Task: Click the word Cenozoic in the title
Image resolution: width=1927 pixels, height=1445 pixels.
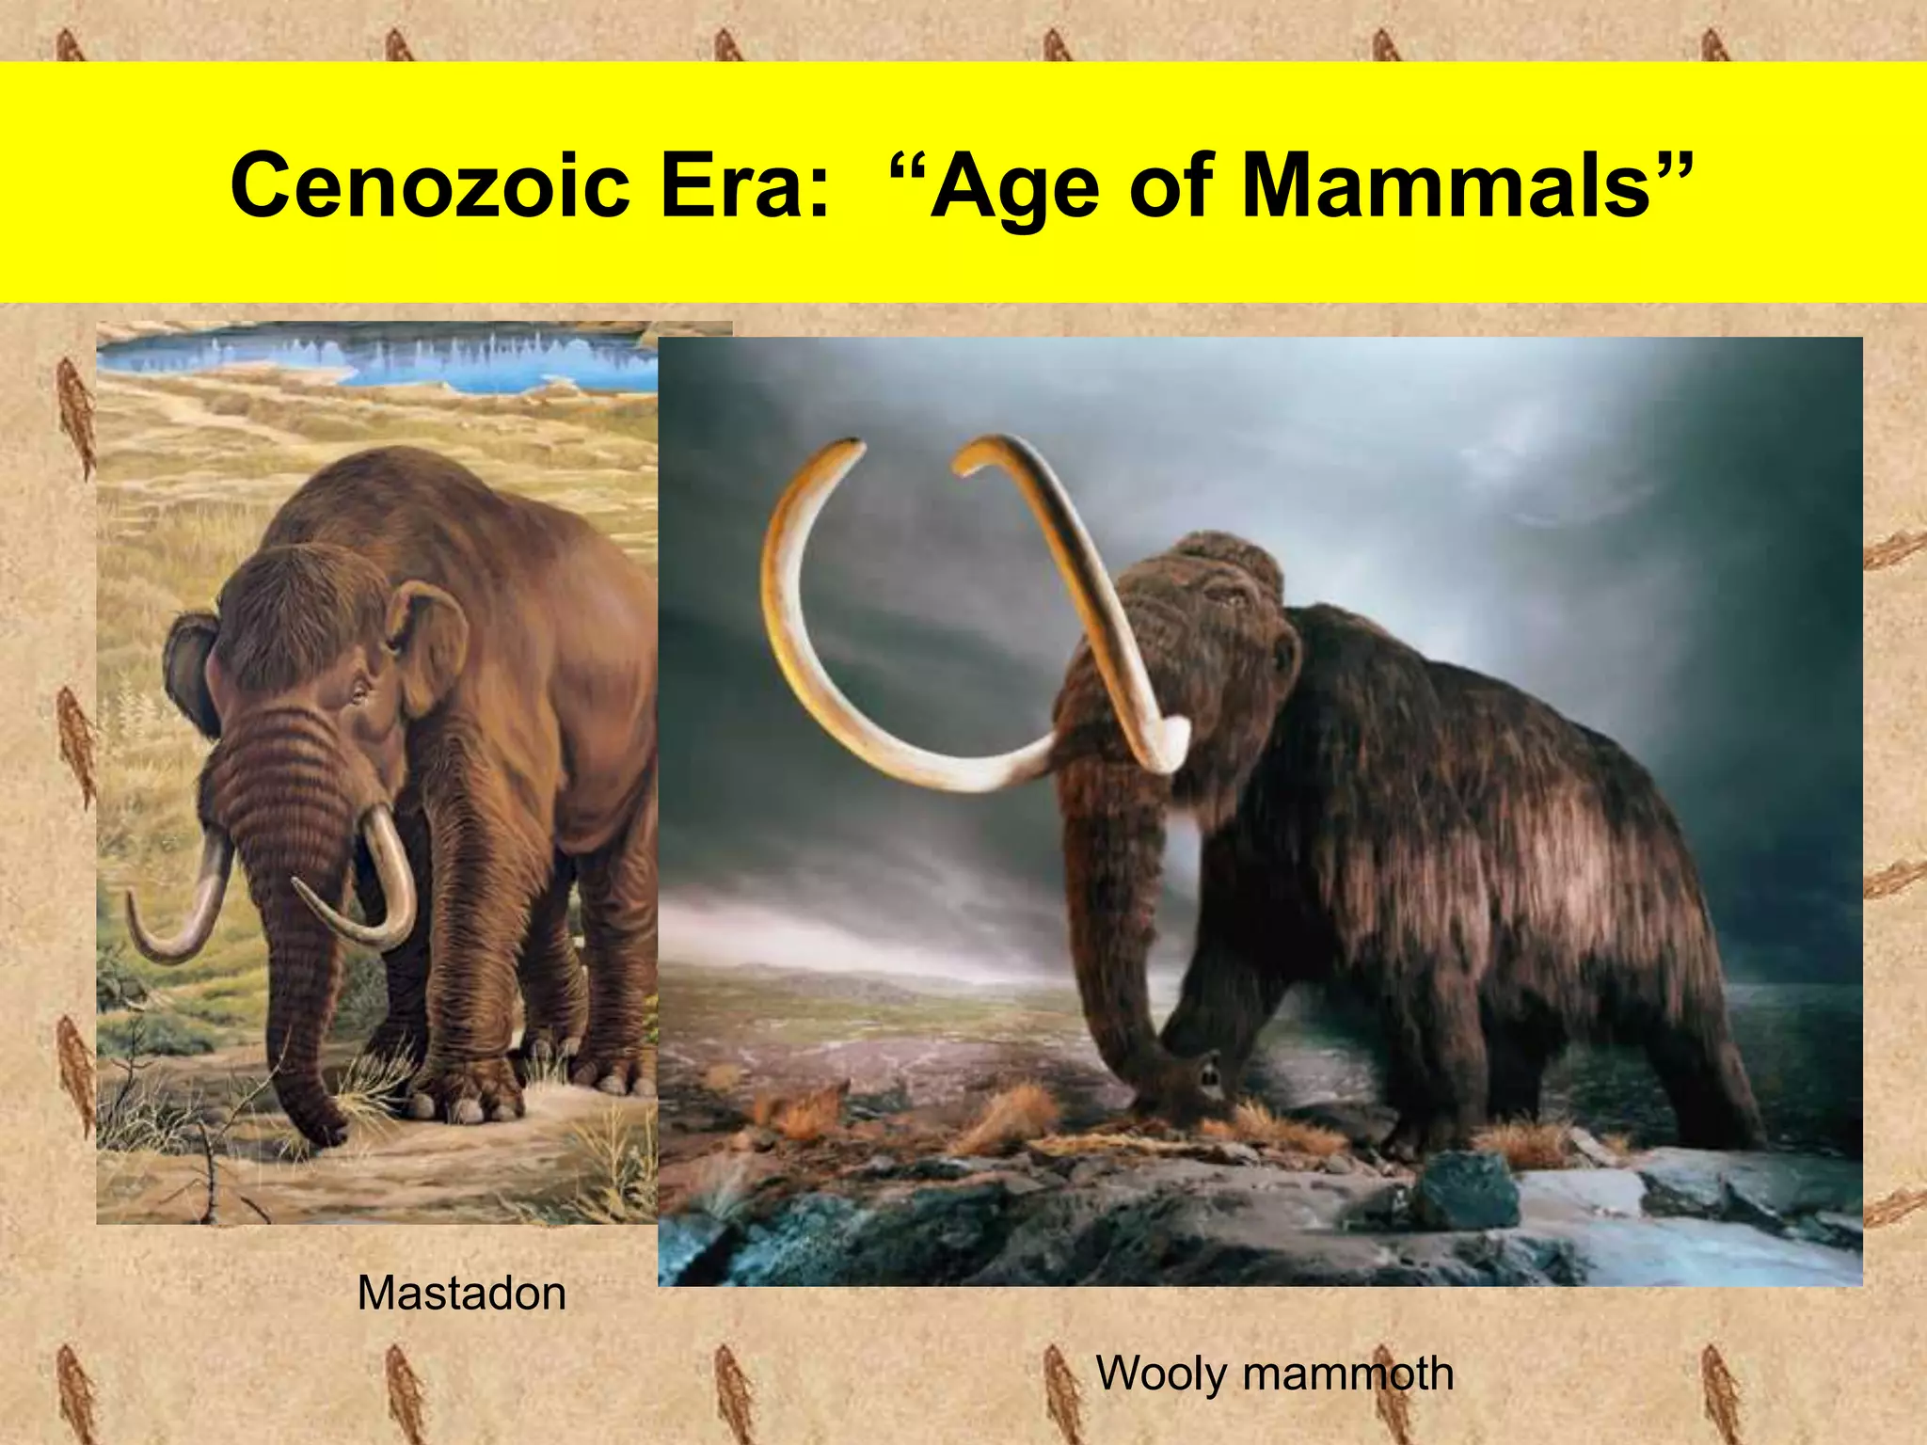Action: pyautogui.click(x=429, y=185)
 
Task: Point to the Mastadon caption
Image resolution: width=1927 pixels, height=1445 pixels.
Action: pyautogui.click(x=461, y=1294)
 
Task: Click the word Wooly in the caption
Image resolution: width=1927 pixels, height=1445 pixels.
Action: pyautogui.click(x=1161, y=1374)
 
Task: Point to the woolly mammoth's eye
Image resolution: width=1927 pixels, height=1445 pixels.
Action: pyautogui.click(x=1223, y=595)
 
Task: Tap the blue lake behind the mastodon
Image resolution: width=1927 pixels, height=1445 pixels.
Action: pyautogui.click(x=395, y=357)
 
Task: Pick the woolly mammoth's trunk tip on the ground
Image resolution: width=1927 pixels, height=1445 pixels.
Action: pyautogui.click(x=1190, y=1082)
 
